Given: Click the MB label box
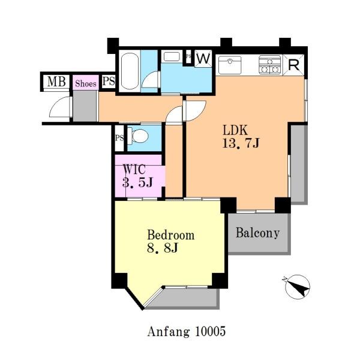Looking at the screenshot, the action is click(x=56, y=82).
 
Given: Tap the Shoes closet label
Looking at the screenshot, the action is click(x=86, y=83).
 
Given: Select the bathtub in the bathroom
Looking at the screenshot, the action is click(x=130, y=71).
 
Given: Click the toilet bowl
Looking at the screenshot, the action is click(x=140, y=136).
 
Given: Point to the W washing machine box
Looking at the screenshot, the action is click(x=203, y=59).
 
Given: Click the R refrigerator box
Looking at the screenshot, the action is click(x=293, y=65).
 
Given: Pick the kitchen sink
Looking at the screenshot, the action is click(x=230, y=65).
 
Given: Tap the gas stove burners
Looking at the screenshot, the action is click(x=270, y=65).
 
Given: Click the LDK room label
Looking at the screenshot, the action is click(x=235, y=130).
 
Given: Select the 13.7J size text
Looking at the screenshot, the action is click(x=241, y=143).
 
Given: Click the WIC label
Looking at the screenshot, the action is click(x=134, y=169).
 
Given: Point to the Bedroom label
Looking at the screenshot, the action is click(x=171, y=235).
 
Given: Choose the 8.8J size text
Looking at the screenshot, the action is click(x=163, y=248).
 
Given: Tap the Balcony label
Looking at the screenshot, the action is click(x=257, y=233).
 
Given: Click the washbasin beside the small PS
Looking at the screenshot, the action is click(x=172, y=56).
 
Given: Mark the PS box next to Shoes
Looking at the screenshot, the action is click(x=109, y=81).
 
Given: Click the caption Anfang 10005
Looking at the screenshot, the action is click(x=187, y=332).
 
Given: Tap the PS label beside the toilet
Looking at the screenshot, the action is click(x=119, y=138).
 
